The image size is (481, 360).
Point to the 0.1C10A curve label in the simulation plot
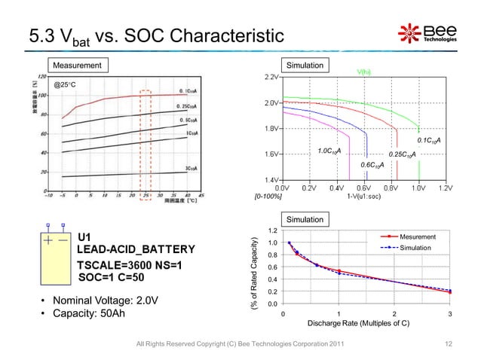(x=428, y=141)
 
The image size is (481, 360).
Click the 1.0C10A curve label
(x=329, y=151)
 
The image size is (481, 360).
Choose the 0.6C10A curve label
(x=372, y=164)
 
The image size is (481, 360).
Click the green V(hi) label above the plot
(x=363, y=72)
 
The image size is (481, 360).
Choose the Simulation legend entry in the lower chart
(x=424, y=248)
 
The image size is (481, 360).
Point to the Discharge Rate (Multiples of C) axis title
(x=358, y=324)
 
